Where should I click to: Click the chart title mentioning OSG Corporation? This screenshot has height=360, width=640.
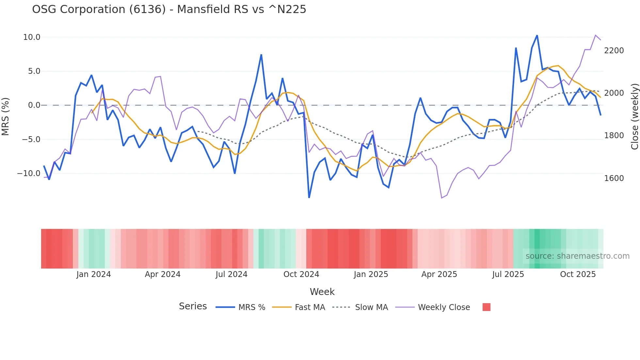coord(169,9)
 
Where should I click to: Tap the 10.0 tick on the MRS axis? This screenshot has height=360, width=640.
coord(32,37)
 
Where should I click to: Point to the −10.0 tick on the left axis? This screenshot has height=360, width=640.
coord(29,173)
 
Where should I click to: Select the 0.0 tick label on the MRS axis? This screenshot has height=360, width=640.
coord(34,105)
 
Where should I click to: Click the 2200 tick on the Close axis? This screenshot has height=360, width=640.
coord(614,51)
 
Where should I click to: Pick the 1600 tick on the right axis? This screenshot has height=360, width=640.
coord(614,178)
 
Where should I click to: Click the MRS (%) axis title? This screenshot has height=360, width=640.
coord(6,116)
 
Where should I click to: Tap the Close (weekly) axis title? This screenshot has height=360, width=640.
coord(634,117)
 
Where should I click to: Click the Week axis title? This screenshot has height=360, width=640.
coord(322,292)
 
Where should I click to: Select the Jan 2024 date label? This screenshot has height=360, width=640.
coord(94,274)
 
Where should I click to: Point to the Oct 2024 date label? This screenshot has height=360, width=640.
coord(301,274)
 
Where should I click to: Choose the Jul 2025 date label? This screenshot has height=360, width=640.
coord(508,274)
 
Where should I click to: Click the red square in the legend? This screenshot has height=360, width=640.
coord(486,307)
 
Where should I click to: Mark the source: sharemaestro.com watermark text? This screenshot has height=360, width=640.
coord(577,256)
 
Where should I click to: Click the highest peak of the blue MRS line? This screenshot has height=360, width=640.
coord(537,35)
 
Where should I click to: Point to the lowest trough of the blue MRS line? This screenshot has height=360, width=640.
coord(309,197)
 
